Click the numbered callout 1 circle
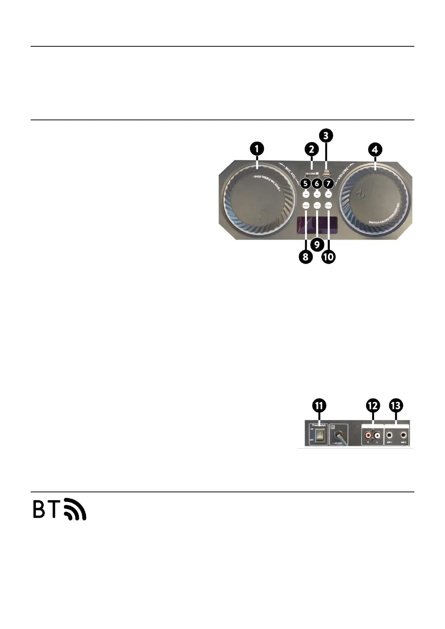(257, 149)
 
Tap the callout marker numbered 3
(326, 135)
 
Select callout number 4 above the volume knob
(375, 149)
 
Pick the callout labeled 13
(396, 406)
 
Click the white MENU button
(306, 205)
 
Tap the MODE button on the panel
(328, 205)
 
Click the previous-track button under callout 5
(306, 194)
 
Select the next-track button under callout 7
(328, 194)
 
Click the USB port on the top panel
(326, 175)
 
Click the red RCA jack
(368, 435)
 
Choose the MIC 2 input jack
(404, 435)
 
